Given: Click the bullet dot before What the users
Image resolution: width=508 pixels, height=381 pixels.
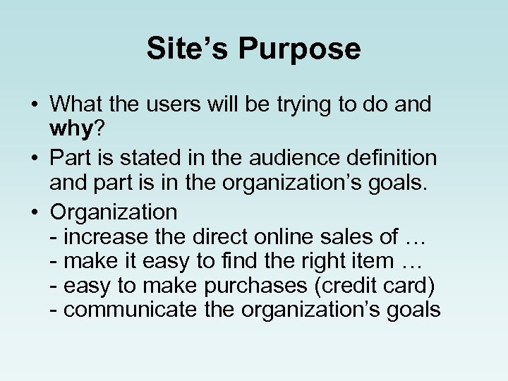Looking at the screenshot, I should (34, 106).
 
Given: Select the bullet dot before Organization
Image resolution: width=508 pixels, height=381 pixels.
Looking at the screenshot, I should (34, 212).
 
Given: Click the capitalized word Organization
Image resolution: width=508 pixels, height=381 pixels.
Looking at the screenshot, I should (113, 212).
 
